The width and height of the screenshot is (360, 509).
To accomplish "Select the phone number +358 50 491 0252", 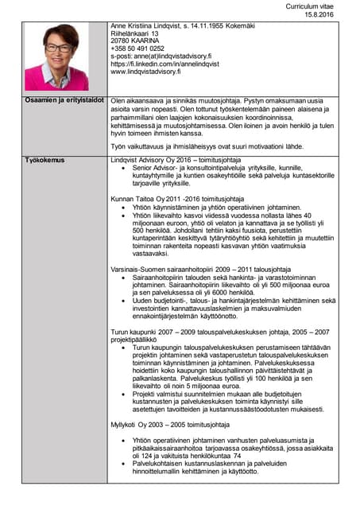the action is (x=137, y=49).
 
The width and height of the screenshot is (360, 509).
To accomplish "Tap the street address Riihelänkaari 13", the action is (x=137, y=33).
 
